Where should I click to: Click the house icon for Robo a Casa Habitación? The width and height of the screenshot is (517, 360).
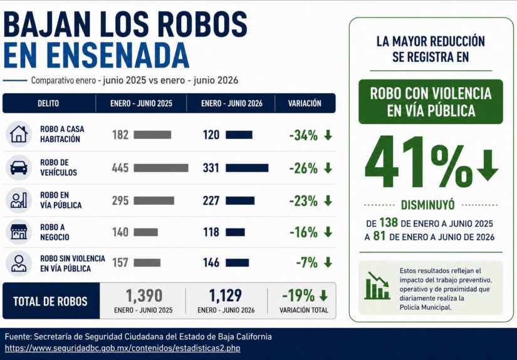pos(19,134)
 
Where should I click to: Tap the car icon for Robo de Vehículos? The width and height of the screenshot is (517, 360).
pos(19,168)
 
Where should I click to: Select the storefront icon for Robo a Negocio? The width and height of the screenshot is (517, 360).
pos(19,232)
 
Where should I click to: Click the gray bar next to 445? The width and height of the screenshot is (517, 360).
pos(161,168)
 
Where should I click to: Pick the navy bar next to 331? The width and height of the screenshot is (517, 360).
pos(247,168)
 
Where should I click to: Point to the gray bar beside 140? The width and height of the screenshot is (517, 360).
pos(146,232)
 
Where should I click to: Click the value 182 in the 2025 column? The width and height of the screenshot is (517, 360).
pos(120,135)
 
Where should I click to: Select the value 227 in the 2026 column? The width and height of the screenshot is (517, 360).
pos(211,200)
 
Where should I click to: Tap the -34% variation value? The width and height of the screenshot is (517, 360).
pos(303,135)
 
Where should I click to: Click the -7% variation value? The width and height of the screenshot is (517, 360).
pos(306,262)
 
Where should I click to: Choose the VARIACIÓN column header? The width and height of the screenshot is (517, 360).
pos(305,103)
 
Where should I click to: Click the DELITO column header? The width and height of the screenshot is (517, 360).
pos(48,103)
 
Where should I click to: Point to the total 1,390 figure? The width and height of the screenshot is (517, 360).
pos(144,296)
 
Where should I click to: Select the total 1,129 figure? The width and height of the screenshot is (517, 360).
pos(226,296)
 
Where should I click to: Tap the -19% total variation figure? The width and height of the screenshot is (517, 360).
pos(298,296)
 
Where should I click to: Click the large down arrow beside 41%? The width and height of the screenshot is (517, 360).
pos(488,165)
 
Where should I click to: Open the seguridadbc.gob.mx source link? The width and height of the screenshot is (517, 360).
pos(122,348)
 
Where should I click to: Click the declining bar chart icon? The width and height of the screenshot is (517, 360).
pos(377,285)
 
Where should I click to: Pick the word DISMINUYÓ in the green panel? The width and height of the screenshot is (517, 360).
pos(427,205)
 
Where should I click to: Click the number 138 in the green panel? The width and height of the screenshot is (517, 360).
pos(389,223)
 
